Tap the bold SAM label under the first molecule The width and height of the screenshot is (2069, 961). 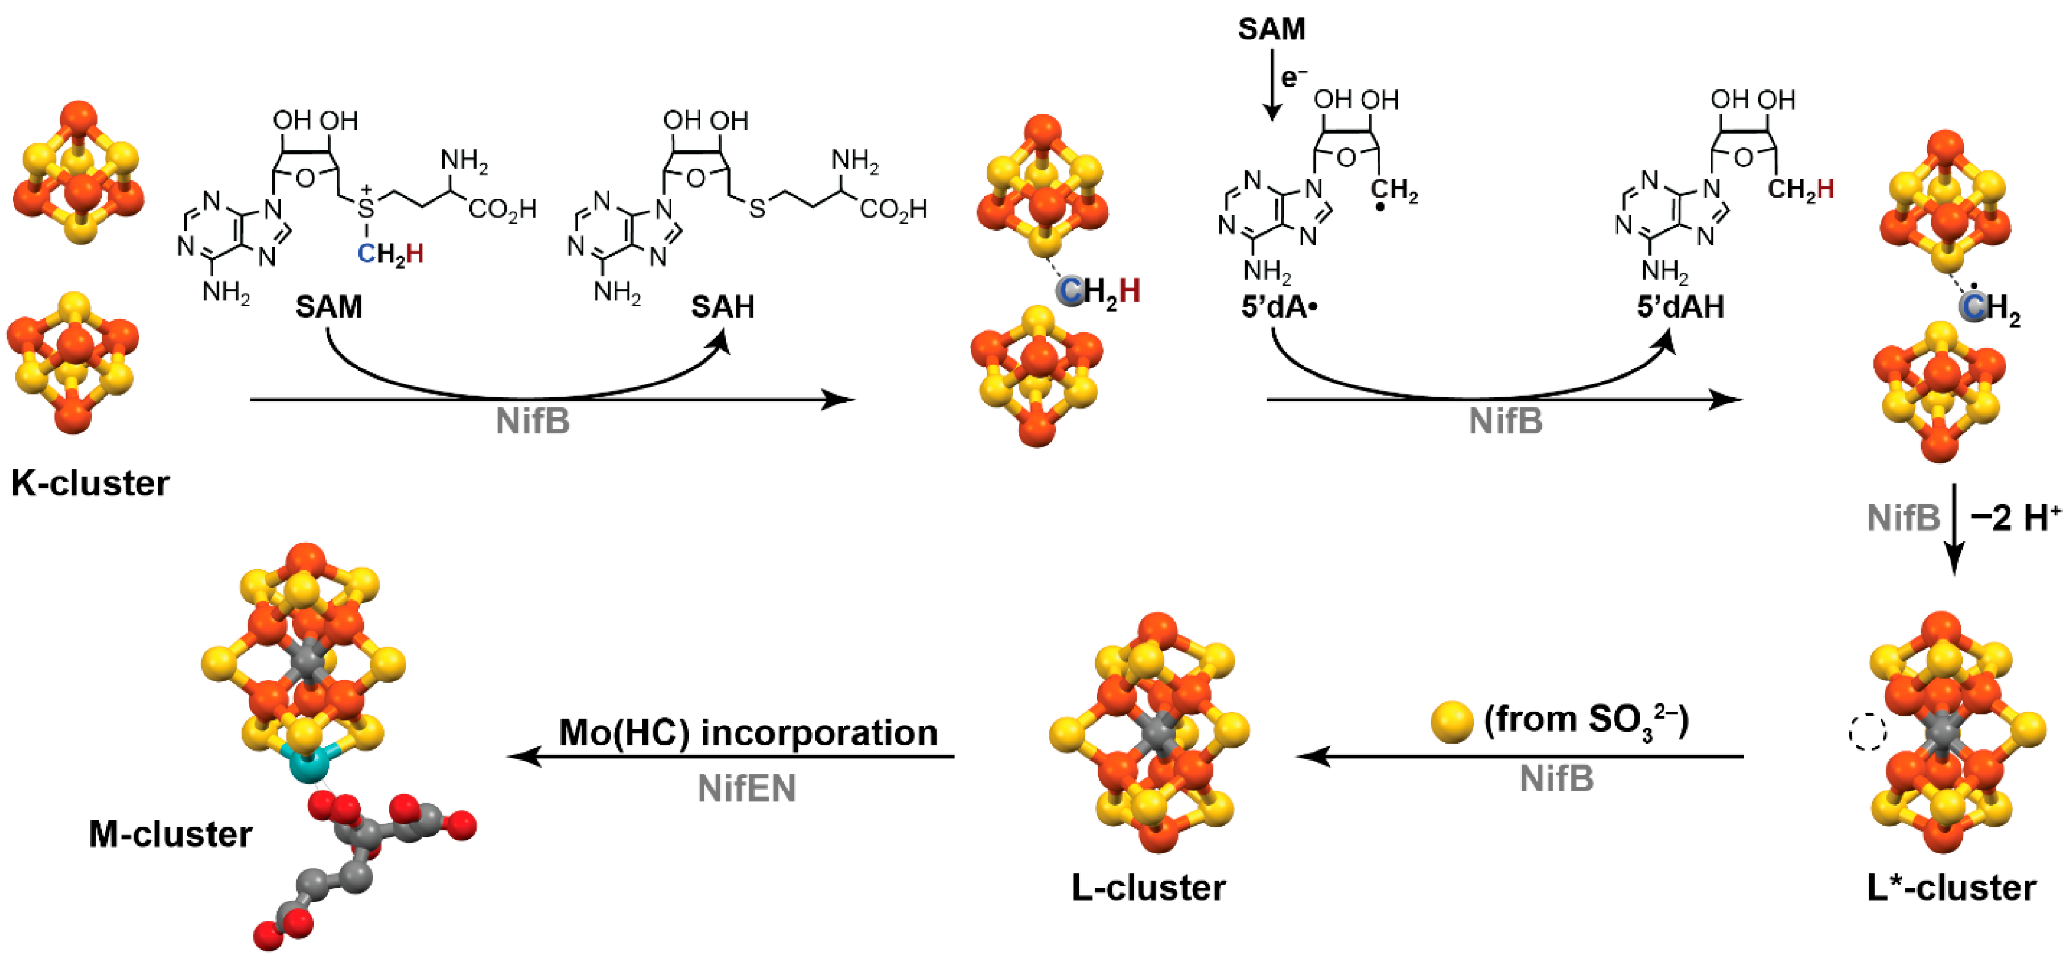click(x=328, y=307)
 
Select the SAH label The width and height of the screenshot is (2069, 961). click(x=722, y=307)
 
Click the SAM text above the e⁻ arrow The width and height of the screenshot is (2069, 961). click(x=1271, y=29)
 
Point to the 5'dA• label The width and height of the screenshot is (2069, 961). click(x=1279, y=307)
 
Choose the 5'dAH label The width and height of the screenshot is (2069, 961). click(x=1680, y=307)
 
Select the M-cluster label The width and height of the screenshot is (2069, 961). click(x=170, y=834)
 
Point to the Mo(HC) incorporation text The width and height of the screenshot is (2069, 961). click(x=748, y=733)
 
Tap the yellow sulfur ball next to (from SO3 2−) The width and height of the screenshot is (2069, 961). click(x=1452, y=721)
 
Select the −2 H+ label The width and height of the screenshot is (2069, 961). click(x=2015, y=518)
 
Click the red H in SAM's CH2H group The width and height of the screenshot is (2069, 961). click(x=414, y=254)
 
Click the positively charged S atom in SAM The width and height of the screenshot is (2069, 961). click(x=366, y=209)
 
